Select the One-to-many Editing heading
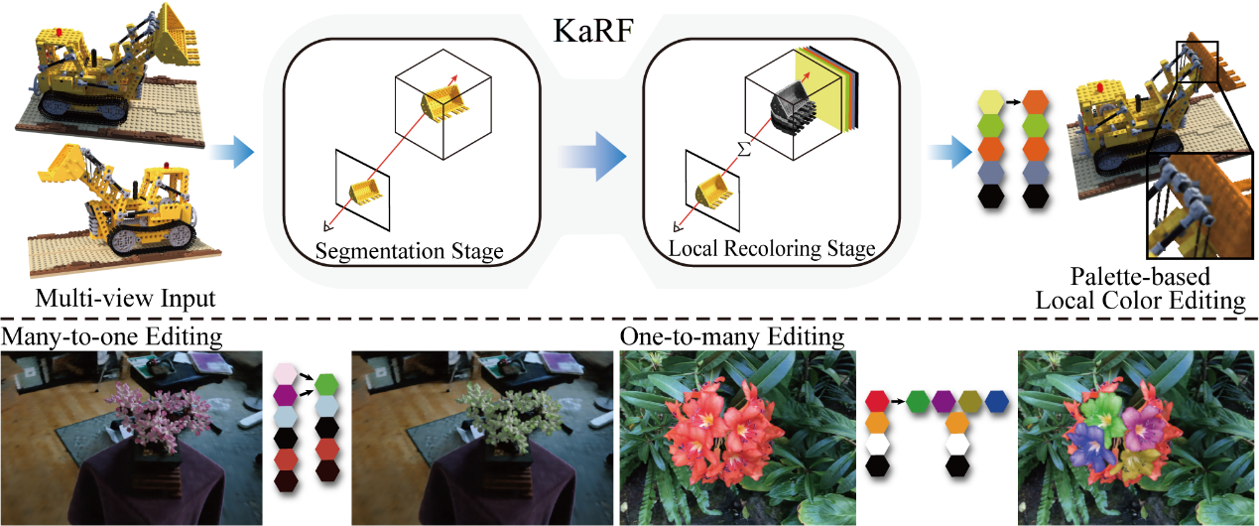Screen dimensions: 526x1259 732,337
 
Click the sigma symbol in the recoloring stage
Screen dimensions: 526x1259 741,149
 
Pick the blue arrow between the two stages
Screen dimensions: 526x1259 592,155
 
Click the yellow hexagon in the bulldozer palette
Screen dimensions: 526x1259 991,102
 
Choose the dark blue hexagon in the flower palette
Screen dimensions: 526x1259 996,401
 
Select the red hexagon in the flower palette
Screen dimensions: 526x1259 876,401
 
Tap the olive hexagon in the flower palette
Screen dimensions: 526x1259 970,401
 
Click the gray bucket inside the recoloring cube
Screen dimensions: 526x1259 791,104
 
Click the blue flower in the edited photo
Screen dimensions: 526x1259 1090,447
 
